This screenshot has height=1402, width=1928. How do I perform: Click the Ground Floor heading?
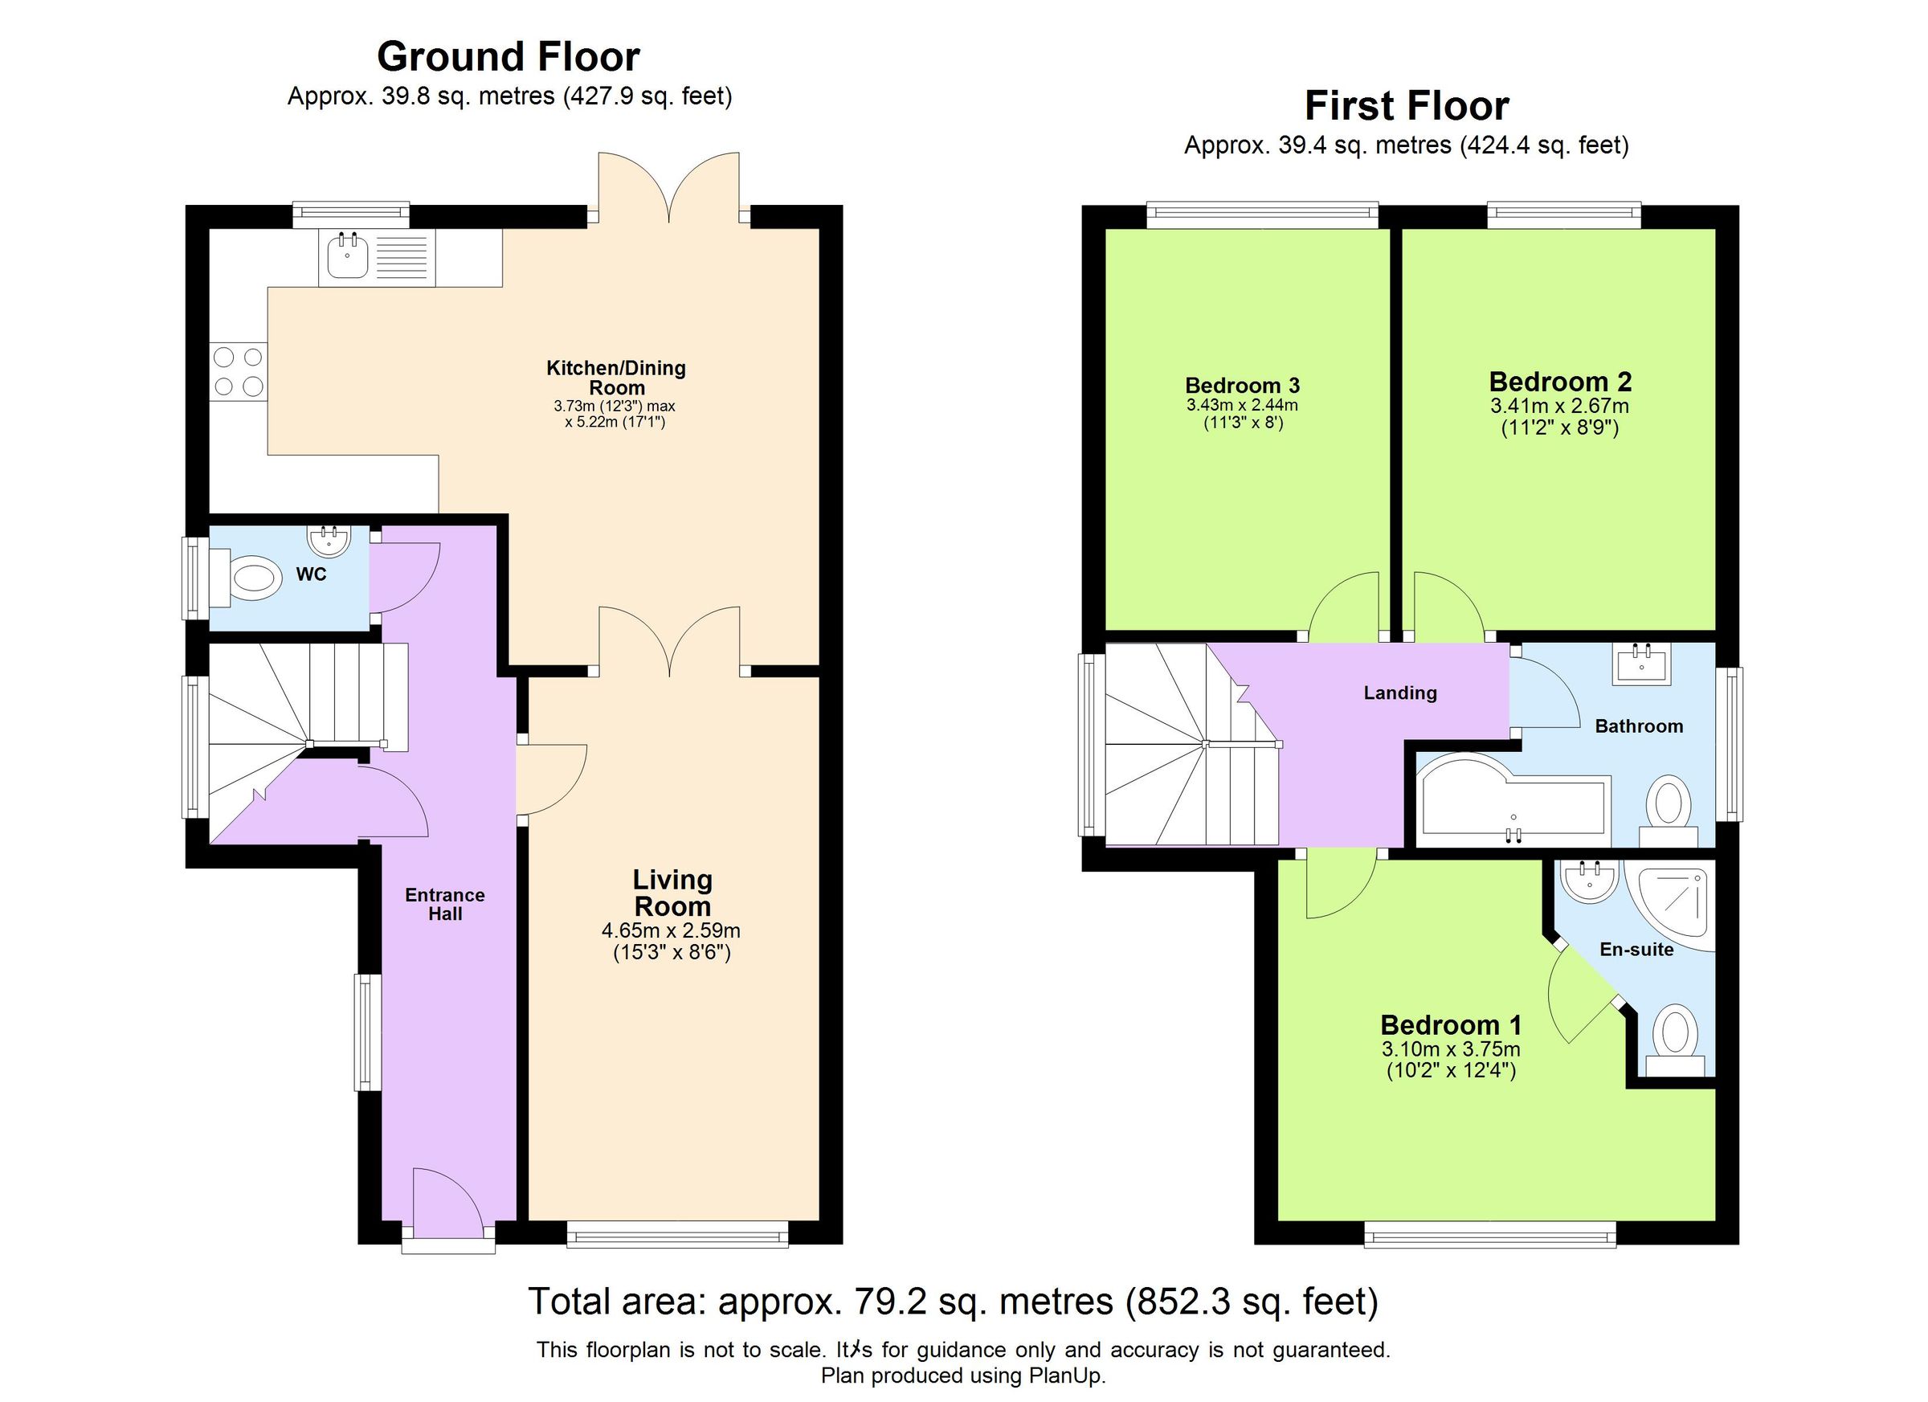coord(508,58)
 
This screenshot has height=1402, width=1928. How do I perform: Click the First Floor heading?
coord(1406,107)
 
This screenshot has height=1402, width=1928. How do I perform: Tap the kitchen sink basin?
coord(346,257)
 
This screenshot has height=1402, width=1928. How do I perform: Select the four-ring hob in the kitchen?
coord(238,371)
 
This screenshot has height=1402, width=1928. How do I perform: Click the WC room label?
coord(311,574)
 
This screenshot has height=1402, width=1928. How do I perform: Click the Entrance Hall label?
coord(444,904)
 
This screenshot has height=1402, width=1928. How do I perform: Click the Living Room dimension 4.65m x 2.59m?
coord(671,931)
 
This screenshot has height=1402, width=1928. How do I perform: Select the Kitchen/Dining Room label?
coord(615,378)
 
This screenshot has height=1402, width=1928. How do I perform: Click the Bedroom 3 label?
coord(1242,386)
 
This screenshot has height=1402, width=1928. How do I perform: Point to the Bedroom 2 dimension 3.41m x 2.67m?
coord(1559,407)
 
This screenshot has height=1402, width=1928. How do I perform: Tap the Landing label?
coord(1399,693)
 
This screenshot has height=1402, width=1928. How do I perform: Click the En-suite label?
coord(1636,950)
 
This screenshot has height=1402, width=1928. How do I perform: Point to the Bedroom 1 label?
coord(1450,1024)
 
